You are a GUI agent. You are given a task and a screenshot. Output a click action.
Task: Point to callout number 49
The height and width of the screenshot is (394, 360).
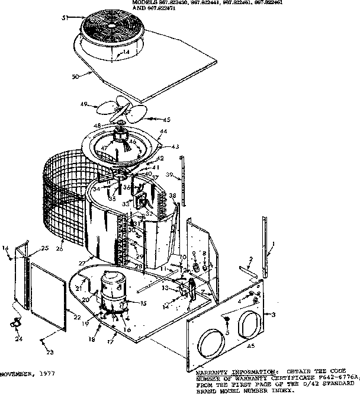(84, 105)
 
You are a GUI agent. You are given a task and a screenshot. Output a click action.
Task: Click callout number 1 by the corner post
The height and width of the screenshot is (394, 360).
(273, 244)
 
